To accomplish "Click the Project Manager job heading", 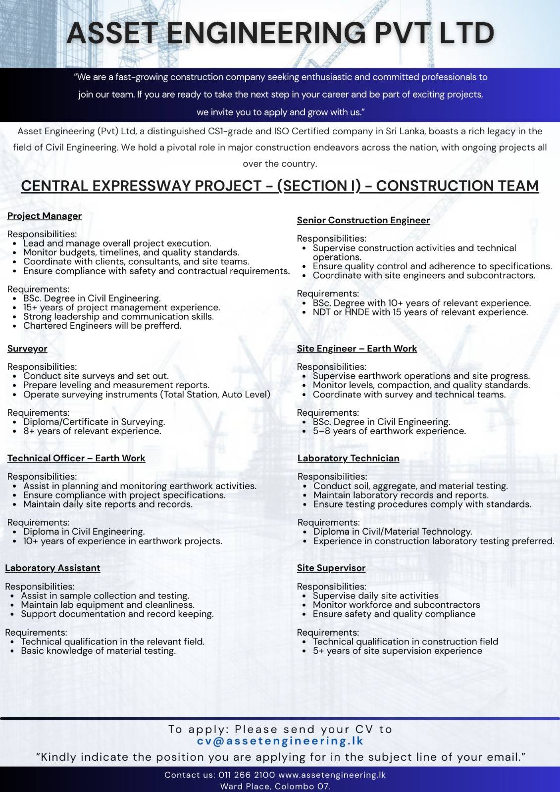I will coord(45,216).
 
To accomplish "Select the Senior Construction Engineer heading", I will coord(363,220).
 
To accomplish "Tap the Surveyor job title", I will coord(27,348).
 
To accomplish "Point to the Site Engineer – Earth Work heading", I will coord(356,348).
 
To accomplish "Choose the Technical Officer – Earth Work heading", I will coord(76,458).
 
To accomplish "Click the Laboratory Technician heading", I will coord(348,458).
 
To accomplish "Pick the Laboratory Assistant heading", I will coord(52,568).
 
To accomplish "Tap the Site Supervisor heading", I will coord(331,568).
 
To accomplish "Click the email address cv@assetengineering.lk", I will coord(280,741).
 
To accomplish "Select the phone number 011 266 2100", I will coord(247,775).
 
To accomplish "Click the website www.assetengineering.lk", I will coord(332,775).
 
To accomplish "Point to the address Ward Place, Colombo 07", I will coord(275,786).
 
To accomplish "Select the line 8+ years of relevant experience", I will coord(92,431).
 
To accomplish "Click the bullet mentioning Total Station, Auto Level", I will coord(147,395).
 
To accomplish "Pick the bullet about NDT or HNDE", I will coord(420,312).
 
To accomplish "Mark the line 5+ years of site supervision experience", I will coord(397,651).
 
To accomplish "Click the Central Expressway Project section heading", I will coord(280,186).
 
